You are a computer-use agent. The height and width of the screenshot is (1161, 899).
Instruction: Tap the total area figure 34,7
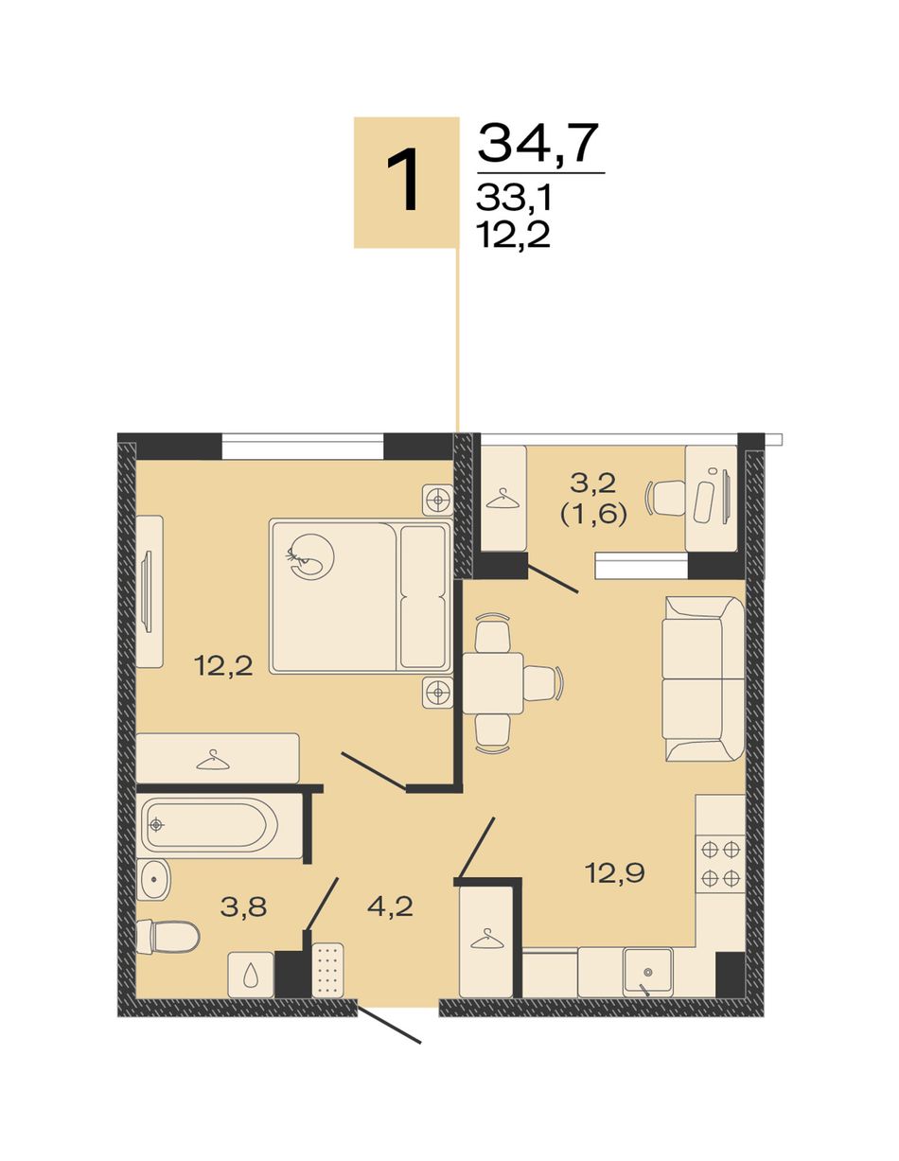point(536,143)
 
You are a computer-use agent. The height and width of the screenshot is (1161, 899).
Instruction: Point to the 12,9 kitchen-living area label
point(615,873)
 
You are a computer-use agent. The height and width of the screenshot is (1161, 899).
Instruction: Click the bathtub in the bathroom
point(213,825)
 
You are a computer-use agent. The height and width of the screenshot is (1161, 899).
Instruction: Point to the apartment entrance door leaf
point(389,994)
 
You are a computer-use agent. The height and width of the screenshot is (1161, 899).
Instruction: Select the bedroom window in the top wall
point(302,446)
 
